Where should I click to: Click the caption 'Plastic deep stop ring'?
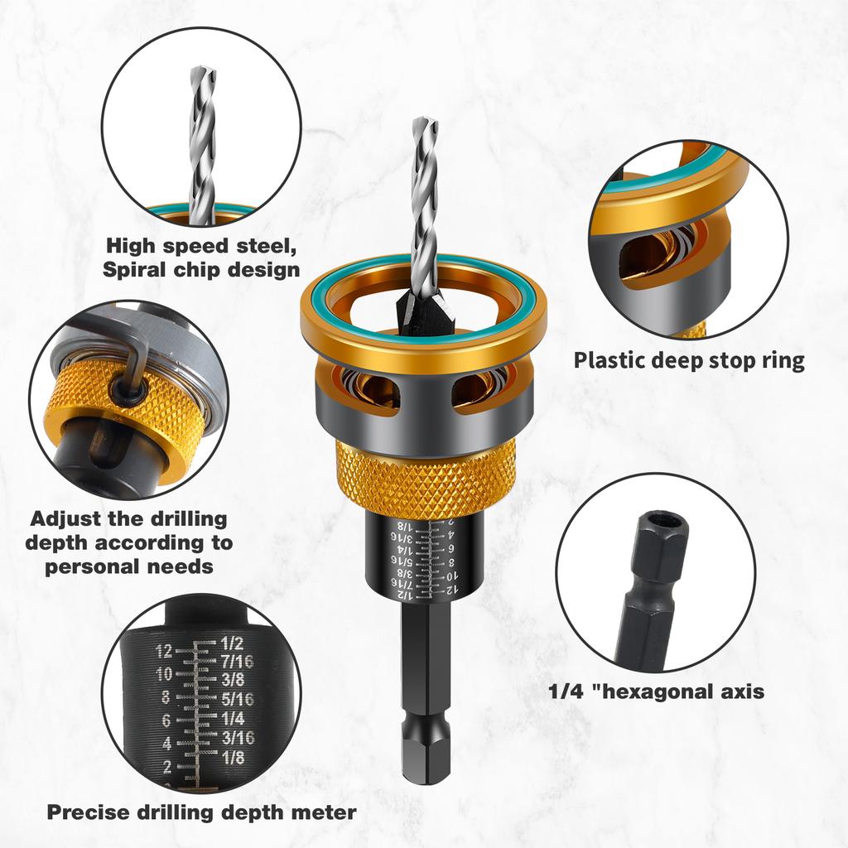[689, 361]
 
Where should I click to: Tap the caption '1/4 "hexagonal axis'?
[657, 691]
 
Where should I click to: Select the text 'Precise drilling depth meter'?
[201, 812]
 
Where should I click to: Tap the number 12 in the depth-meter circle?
[162, 649]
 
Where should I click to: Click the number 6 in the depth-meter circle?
[166, 720]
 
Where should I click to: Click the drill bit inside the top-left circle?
[201, 141]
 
